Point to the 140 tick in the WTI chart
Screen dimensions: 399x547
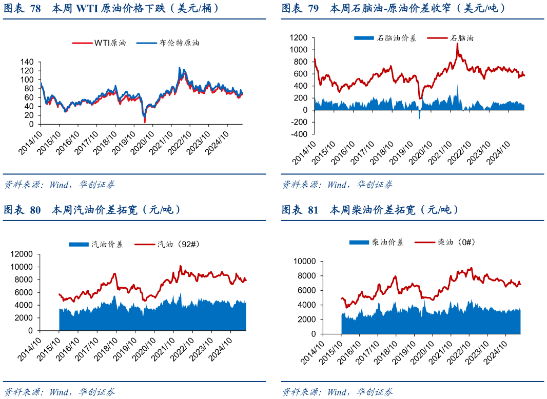pyautogui.click(x=27, y=62)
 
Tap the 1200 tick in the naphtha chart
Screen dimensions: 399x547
pyautogui.click(x=298, y=37)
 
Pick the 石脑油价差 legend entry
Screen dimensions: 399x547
pyautogui.click(x=396, y=38)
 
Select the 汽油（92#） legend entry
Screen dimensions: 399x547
pyautogui.click(x=178, y=245)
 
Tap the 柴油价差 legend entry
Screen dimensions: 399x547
pyautogui.click(x=387, y=242)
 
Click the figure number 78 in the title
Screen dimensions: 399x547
pyautogui.click(x=36, y=8)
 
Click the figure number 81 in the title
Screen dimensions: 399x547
pyautogui.click(x=313, y=210)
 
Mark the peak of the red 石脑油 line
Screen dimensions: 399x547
pyautogui.click(x=457, y=44)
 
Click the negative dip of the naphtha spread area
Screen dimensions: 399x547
pyautogui.click(x=419, y=118)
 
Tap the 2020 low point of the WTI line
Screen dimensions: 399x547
pyautogui.click(x=145, y=122)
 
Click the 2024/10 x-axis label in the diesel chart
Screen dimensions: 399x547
pyautogui.click(x=500, y=349)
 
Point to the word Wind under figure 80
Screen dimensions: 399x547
pyautogui.click(x=60, y=392)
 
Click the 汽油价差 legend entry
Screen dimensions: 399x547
pyautogui.click(x=107, y=245)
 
